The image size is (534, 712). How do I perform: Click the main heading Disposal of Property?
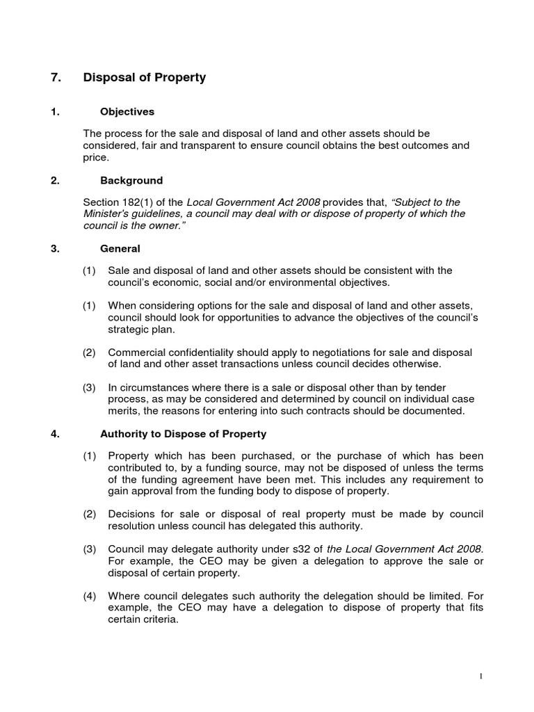(x=145, y=78)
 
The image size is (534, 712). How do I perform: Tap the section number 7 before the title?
(x=56, y=78)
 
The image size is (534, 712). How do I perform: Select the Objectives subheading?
(x=127, y=112)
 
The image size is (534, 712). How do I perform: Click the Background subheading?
(x=131, y=181)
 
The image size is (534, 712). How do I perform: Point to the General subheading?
(x=120, y=248)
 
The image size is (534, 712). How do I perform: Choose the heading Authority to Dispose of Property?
(x=183, y=435)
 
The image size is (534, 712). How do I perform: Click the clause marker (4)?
(x=90, y=597)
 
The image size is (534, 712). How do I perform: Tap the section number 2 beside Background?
(x=55, y=181)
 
